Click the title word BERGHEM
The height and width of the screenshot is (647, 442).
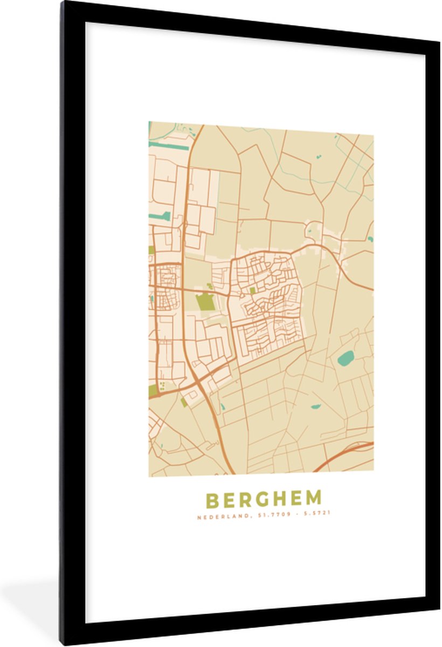[264, 500]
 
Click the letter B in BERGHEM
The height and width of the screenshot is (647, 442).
[212, 500]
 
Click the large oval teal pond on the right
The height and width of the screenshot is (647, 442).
[346, 357]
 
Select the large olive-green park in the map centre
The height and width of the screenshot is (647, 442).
[205, 302]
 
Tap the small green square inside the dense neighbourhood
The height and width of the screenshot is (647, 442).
[252, 291]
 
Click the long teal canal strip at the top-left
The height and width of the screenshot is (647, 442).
[168, 145]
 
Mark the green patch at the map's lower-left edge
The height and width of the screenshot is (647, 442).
[153, 390]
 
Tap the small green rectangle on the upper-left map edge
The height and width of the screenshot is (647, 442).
[151, 250]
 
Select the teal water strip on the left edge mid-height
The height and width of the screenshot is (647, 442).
[160, 216]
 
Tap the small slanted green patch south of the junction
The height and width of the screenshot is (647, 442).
[184, 402]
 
